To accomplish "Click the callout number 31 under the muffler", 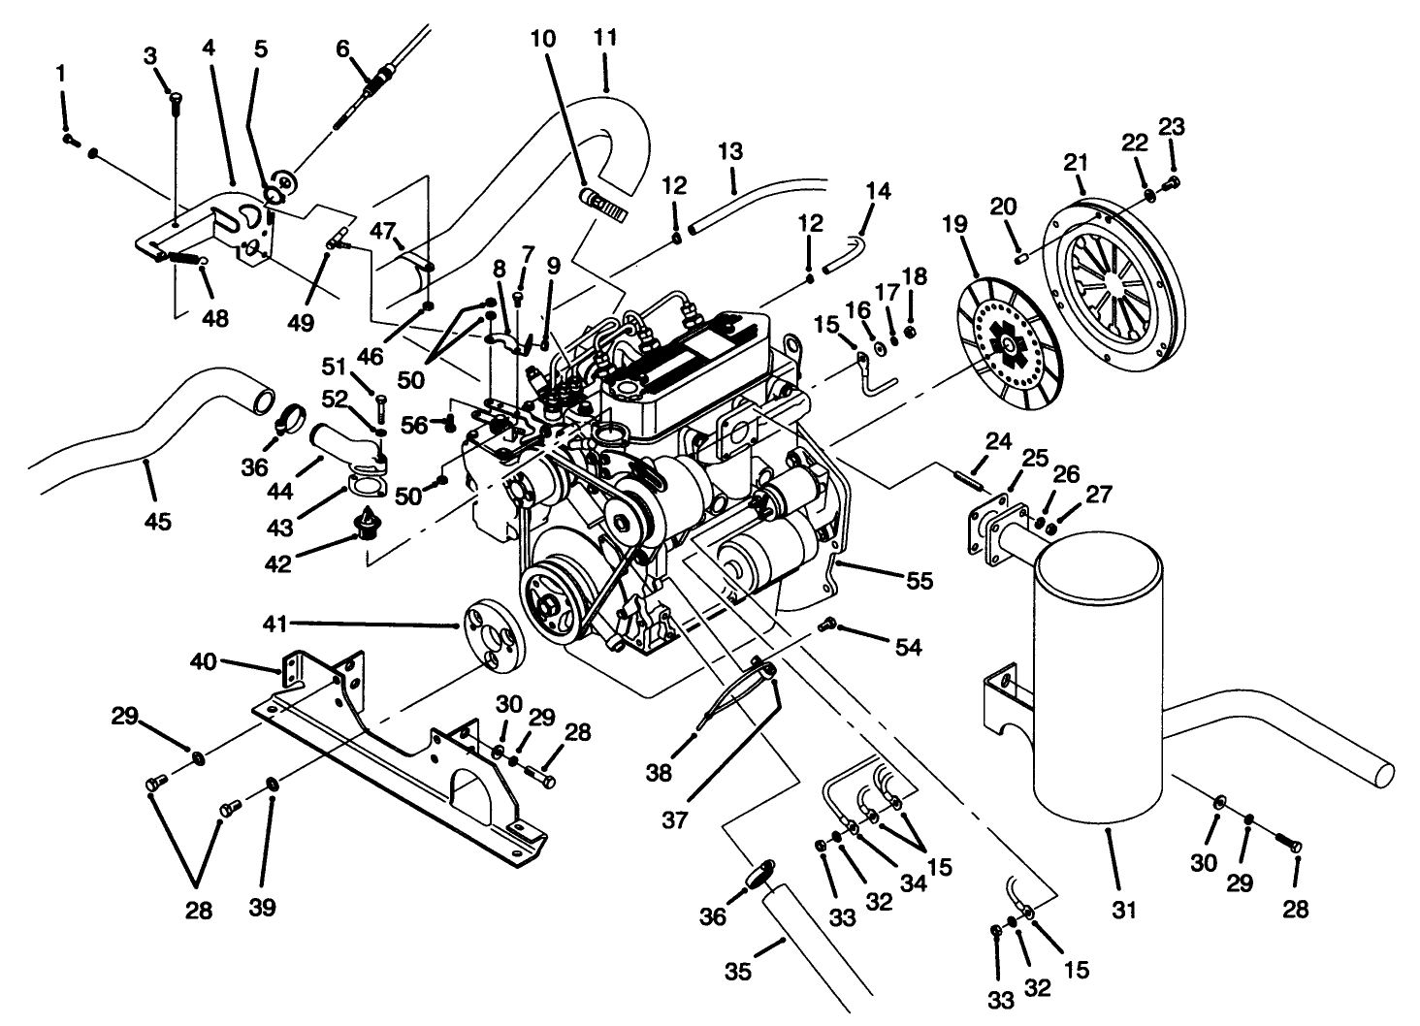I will (1124, 910).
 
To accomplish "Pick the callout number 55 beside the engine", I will (919, 580).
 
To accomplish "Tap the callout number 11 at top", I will (605, 39).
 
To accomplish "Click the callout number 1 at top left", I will (62, 73).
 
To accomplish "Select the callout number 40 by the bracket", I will (204, 661).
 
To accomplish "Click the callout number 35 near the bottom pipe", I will (738, 970).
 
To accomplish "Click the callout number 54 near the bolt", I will (908, 646).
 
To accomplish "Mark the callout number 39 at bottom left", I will (262, 907).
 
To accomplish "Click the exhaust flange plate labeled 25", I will (989, 531).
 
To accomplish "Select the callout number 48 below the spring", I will (215, 317).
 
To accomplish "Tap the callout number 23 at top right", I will (1172, 126).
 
